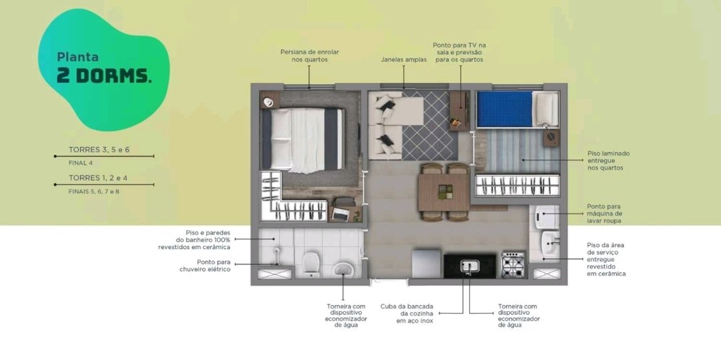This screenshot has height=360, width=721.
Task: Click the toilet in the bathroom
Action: (311, 264)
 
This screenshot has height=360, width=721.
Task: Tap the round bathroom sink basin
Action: (343, 270)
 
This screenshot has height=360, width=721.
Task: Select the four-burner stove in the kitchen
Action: (513, 265)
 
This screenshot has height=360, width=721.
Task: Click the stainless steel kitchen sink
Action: (470, 266)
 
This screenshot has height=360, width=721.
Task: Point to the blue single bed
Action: (518, 109)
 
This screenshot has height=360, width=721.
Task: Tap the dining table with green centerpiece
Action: (444, 192)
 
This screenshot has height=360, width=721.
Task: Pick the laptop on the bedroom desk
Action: (340, 214)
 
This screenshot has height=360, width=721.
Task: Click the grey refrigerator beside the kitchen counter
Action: (427, 264)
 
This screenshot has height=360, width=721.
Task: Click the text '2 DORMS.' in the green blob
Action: (104, 76)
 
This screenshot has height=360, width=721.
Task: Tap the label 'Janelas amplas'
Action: (403, 59)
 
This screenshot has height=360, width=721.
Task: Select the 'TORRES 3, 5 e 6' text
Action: (96, 150)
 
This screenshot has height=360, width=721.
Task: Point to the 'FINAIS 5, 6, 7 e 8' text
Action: (94, 191)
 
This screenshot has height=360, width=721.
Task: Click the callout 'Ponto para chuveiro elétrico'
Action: (205, 266)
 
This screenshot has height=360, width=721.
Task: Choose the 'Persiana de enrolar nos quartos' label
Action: (310, 55)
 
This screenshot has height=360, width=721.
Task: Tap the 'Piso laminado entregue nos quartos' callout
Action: (608, 160)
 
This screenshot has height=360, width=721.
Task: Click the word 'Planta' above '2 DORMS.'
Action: (77, 57)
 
